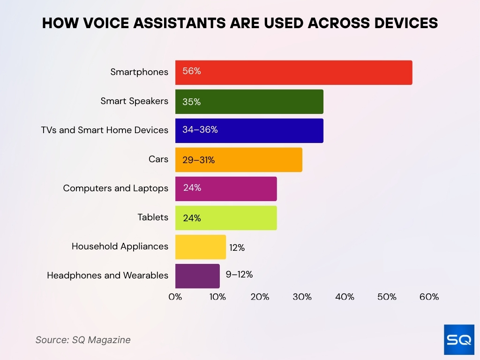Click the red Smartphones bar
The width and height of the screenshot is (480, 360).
point(293,73)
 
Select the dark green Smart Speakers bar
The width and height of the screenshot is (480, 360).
point(249,102)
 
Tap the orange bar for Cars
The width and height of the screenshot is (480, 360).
point(239,160)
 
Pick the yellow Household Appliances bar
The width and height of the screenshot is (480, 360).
point(200,247)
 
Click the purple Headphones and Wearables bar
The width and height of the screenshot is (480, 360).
point(197,276)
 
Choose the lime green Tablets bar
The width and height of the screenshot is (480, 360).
point(226,218)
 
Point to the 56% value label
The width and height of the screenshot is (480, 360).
point(192,71)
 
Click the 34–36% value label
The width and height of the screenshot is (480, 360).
point(200,130)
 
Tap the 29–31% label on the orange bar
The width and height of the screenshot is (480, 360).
point(198,160)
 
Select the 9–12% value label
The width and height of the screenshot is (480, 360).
point(239,275)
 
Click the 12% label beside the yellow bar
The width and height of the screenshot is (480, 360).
point(237,247)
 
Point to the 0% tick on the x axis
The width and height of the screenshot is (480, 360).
point(175,297)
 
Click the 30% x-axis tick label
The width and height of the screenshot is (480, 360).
point(302,297)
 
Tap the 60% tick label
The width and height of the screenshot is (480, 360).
point(429,297)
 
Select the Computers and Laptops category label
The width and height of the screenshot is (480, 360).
point(115,188)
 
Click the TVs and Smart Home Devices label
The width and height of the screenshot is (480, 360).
point(105,130)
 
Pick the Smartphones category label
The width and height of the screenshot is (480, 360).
point(139,72)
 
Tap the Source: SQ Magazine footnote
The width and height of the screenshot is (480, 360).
point(83,340)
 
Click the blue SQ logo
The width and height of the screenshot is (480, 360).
point(459,339)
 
